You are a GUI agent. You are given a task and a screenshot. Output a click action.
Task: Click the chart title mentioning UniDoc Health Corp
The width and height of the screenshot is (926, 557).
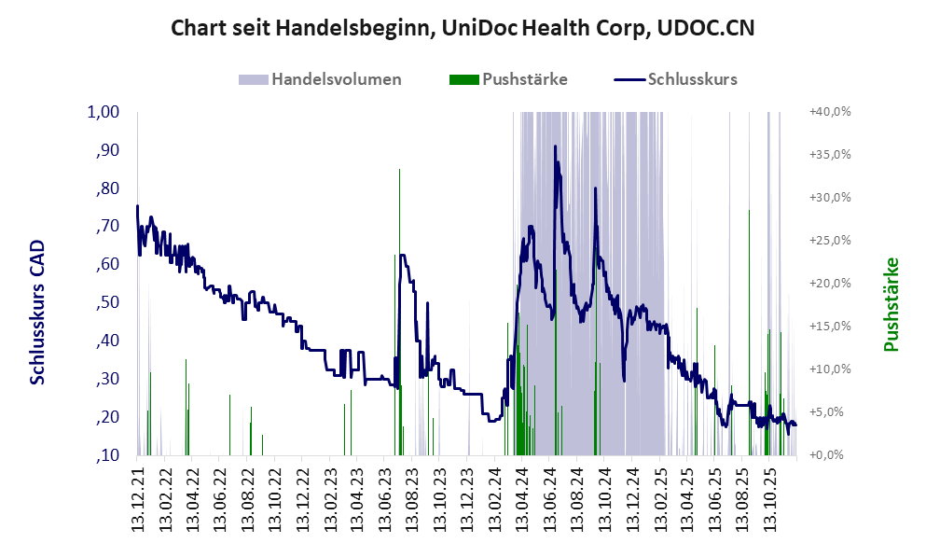[463, 28]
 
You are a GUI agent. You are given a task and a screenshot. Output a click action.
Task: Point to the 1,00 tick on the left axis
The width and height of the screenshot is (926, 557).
[104, 112]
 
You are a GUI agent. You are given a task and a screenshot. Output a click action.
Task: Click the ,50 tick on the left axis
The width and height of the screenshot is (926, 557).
[108, 302]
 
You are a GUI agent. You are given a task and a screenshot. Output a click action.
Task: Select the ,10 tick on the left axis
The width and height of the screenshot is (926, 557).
[108, 455]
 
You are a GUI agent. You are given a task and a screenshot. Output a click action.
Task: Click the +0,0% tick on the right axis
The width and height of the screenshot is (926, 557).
[831, 455]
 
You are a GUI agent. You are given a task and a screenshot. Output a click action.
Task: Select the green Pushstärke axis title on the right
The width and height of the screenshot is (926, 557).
[891, 305]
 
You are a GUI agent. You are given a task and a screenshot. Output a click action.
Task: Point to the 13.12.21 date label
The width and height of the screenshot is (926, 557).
[139, 498]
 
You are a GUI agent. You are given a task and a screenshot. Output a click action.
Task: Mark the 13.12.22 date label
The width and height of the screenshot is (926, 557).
[304, 498]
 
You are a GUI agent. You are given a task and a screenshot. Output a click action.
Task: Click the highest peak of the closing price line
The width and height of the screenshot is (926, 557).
[556, 146]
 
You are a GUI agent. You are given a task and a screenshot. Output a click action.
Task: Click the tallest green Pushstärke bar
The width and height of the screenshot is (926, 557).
[399, 170]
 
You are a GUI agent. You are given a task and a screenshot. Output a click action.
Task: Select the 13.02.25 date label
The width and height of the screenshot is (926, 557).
[661, 498]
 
